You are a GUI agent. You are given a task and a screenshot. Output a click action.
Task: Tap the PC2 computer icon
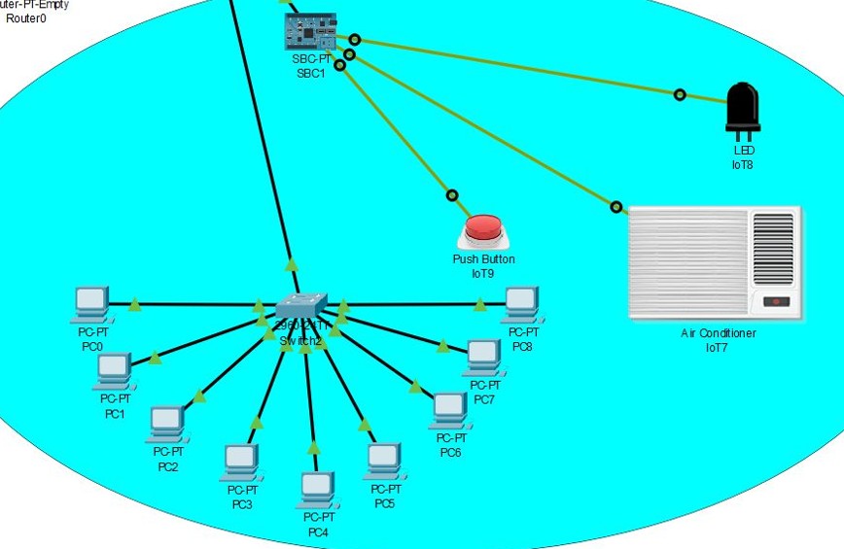[x=166, y=422]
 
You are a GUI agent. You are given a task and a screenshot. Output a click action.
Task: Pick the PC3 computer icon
[x=239, y=460]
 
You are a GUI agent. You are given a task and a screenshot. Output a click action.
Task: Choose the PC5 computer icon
[x=383, y=459]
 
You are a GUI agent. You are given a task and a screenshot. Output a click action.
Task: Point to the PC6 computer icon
[x=448, y=409]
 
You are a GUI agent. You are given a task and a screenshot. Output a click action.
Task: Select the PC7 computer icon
[x=482, y=357]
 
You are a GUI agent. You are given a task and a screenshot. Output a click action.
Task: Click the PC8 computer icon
[x=521, y=304]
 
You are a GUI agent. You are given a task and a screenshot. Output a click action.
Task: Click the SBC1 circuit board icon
[x=309, y=32]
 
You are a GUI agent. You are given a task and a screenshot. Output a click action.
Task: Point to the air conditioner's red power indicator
[x=775, y=301]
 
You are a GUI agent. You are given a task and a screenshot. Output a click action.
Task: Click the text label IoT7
[x=718, y=347]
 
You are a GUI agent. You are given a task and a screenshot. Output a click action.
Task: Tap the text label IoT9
[x=483, y=274]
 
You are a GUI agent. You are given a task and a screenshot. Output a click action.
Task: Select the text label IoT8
[x=743, y=165]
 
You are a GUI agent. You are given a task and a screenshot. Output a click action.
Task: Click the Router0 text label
[x=26, y=18]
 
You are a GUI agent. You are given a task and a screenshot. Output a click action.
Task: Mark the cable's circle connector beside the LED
[x=680, y=94]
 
